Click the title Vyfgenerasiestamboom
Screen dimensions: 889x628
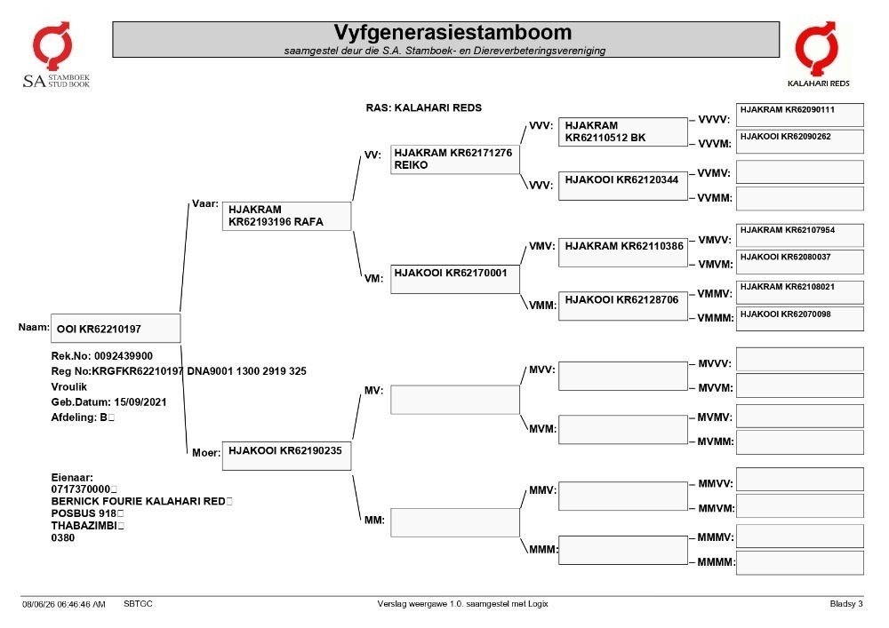pyautogui.click(x=453, y=32)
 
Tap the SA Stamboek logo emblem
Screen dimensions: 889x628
pyautogui.click(x=52, y=46)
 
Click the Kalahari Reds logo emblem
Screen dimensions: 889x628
pyautogui.click(x=816, y=49)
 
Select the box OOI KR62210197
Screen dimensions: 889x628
pyautogui.click(x=116, y=329)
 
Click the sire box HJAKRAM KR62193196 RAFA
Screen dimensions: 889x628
pyautogui.click(x=287, y=216)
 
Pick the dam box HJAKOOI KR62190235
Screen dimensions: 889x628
pyautogui.click(x=287, y=456)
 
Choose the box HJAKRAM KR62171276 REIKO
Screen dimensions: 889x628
pyautogui.click(x=454, y=159)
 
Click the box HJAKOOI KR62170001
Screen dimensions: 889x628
pyautogui.click(x=454, y=279)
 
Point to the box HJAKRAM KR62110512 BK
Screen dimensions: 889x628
pyautogui.click(x=623, y=132)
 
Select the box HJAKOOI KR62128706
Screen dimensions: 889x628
pyautogui.click(x=623, y=306)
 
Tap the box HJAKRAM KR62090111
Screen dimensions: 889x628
pyautogui.click(x=800, y=115)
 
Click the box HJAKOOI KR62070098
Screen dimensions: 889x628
pyautogui.click(x=800, y=319)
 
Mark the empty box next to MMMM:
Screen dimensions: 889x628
pyautogui.click(x=800, y=563)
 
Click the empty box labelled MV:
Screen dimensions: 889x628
pyautogui.click(x=454, y=400)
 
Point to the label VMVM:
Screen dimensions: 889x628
pyautogui.click(x=715, y=265)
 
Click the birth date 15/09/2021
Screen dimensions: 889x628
pyautogui.click(x=140, y=402)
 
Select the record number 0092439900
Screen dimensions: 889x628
pyautogui.click(x=123, y=356)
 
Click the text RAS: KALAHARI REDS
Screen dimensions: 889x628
pyautogui.click(x=423, y=107)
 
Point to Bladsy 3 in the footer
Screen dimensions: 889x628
pyautogui.click(x=846, y=604)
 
